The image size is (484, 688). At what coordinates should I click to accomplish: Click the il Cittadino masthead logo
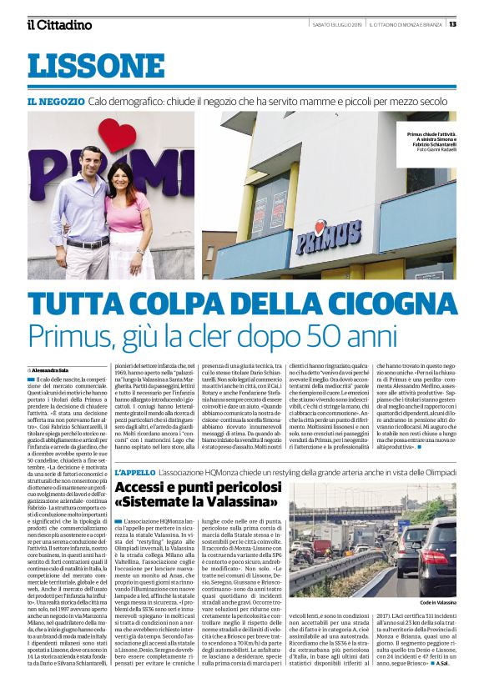[x=59, y=25]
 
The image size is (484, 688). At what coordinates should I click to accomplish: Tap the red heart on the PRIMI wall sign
[x=118, y=133]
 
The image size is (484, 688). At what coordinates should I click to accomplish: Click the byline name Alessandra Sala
[x=53, y=369]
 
